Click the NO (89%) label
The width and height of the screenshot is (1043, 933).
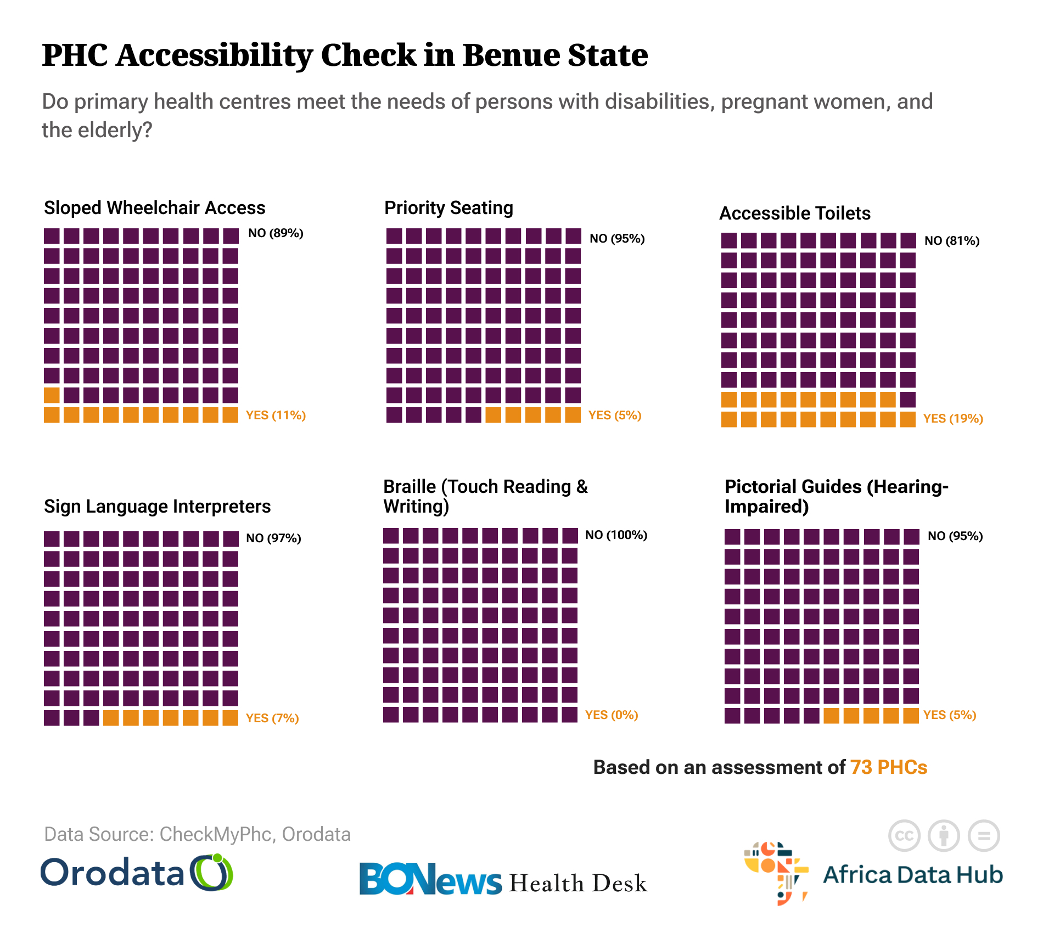[x=276, y=233]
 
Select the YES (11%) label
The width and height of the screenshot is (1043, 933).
[x=276, y=415]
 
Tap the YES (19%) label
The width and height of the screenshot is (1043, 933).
[x=953, y=419]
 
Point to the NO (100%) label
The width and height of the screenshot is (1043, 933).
[x=616, y=535]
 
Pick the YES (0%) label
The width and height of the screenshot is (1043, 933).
[x=612, y=715]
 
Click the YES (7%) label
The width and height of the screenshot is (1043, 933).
[x=272, y=718]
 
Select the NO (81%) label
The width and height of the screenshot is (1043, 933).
[x=952, y=241]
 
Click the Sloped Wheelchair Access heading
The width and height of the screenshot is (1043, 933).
[x=154, y=208]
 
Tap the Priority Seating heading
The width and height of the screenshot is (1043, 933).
[x=448, y=208]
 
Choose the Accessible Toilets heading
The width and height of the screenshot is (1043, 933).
[x=795, y=213]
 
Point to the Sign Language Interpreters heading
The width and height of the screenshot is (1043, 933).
[x=157, y=507]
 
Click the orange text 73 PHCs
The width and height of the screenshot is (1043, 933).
[x=889, y=767]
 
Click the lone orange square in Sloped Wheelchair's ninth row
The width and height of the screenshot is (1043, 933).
[x=52, y=395]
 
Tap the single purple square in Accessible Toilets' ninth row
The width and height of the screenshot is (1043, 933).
[x=908, y=400]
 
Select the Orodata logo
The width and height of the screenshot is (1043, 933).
[x=137, y=873]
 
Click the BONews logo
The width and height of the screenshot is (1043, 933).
[x=430, y=880]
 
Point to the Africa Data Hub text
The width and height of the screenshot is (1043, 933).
[x=912, y=875]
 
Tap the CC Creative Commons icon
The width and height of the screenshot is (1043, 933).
[x=904, y=836]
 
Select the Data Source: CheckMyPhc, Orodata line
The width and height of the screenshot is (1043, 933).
[x=197, y=834]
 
